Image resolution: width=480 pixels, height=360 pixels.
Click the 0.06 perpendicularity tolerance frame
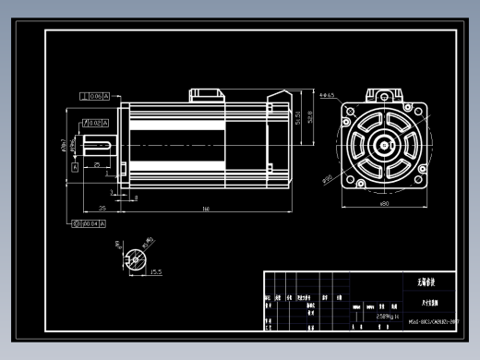95,96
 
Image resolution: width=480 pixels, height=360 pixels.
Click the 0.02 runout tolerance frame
99,121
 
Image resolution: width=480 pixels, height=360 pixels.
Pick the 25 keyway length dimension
97,164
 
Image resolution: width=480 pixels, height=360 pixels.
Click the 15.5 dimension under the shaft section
155,272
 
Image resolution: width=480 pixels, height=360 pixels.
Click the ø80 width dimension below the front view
384,204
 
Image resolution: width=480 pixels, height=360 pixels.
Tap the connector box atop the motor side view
208,94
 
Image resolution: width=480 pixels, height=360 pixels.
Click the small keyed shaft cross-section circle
138,258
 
